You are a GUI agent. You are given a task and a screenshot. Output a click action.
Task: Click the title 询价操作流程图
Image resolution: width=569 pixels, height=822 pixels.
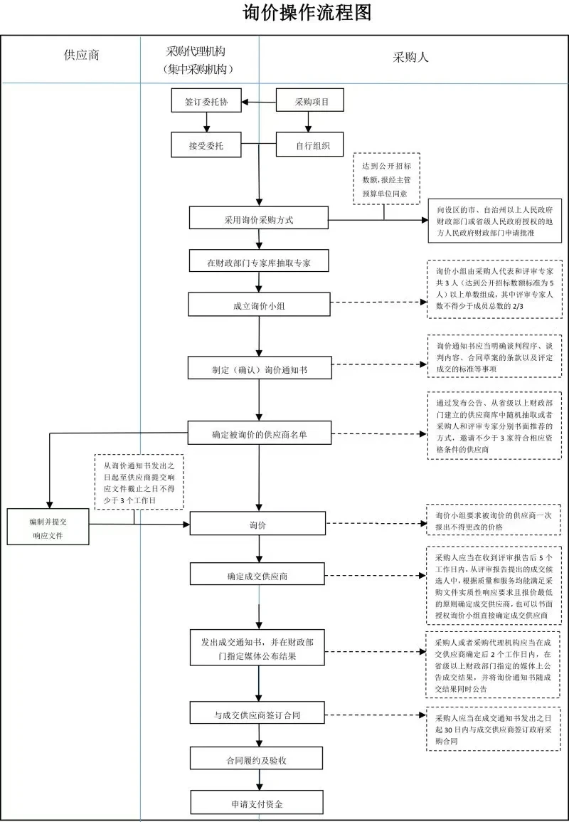pos(307,14)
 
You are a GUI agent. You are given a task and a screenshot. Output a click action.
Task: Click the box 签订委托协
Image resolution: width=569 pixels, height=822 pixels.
pos(206,101)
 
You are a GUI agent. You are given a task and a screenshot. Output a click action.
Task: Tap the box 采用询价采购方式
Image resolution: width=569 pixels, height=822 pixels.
pos(258,219)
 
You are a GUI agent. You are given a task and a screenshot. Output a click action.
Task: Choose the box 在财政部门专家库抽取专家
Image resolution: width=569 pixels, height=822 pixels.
pos(258,261)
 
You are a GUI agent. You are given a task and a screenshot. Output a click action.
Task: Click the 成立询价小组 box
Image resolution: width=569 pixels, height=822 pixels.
pos(258,305)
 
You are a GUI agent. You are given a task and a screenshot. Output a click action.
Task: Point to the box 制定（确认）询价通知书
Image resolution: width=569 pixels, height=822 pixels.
pos(258,369)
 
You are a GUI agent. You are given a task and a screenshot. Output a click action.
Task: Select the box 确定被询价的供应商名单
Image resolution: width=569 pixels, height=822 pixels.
pos(258,433)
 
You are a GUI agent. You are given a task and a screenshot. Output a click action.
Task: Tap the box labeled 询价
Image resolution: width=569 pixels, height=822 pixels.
pos(258,525)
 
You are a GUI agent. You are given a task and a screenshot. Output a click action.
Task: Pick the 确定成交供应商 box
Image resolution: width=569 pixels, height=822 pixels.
pos(258,575)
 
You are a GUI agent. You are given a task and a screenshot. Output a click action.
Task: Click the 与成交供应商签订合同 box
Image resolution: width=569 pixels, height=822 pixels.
pos(258,713)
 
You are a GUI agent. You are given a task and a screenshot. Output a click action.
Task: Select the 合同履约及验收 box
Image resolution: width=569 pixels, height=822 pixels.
pos(258,759)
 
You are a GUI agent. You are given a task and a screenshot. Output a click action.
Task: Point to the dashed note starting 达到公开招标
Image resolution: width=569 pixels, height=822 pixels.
pos(386,178)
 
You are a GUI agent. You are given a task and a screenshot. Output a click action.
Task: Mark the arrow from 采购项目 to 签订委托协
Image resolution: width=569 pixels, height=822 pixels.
pos(259,101)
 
